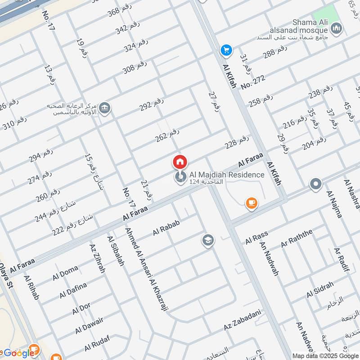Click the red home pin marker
pyautogui.click(x=180, y=162)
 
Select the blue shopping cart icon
pyautogui.click(x=225, y=50)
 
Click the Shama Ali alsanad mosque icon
pyautogui.click(x=336, y=30)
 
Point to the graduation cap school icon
pyautogui.click(x=207, y=239)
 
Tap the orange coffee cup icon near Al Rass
pyautogui.click(x=252, y=203)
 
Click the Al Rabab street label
pyautogui.click(x=166, y=229)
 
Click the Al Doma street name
pyautogui.click(x=65, y=273)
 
